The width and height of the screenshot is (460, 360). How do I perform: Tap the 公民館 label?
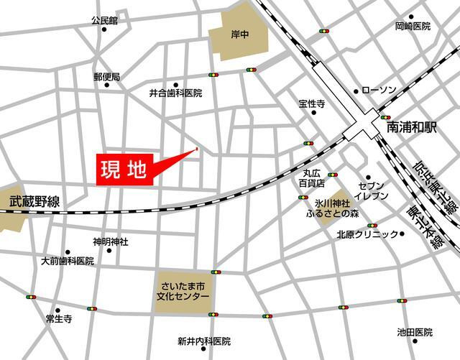tap(104, 22)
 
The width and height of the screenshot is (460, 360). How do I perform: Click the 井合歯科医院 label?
tap(175, 93)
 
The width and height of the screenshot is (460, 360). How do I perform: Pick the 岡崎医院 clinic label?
tap(412, 27)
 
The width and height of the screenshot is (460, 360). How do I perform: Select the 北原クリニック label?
tap(367, 234)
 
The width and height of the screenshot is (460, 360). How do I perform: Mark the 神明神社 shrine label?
tap(110, 242)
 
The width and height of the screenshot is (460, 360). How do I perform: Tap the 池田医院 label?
tap(415, 333)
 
